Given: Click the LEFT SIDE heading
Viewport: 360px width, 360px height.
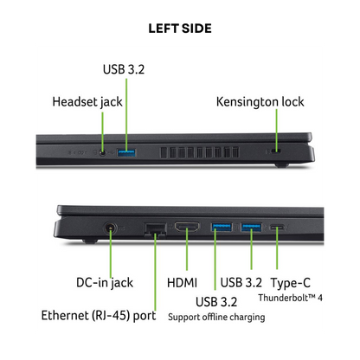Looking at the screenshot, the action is click(180, 29).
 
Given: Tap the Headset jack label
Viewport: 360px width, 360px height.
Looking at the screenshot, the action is click(87, 102).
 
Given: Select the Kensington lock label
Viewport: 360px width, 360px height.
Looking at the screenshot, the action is click(260, 102).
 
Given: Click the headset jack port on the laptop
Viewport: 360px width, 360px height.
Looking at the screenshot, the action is click(102, 152).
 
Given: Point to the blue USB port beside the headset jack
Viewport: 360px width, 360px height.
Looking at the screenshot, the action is click(126, 152).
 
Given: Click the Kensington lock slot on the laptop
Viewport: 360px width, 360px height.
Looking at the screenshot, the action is click(278, 151).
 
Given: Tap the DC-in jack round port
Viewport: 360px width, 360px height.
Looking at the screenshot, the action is click(111, 228).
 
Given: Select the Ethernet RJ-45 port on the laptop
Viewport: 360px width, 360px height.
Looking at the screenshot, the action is click(155, 230).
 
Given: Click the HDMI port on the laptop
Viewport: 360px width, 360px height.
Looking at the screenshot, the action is click(187, 227).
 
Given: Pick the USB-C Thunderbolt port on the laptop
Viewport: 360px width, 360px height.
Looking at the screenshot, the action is click(277, 228).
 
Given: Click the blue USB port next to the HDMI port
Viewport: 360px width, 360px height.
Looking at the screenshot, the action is click(222, 227).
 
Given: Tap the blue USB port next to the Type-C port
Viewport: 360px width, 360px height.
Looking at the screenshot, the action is click(251, 227).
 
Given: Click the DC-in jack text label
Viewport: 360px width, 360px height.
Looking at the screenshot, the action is click(105, 283).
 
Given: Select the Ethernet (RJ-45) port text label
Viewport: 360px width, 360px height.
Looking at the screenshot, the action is click(99, 316).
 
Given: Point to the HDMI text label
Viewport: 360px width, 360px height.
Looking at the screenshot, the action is click(182, 283).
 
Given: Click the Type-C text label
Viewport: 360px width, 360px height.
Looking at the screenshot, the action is click(291, 283).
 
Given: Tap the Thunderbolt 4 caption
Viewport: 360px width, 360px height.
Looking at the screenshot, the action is click(290, 298).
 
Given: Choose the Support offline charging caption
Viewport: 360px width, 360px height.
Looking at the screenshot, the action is click(216, 317).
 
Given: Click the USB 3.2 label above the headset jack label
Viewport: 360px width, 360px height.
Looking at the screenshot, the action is click(124, 69).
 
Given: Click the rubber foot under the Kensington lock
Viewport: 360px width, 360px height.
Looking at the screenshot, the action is click(281, 165).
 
